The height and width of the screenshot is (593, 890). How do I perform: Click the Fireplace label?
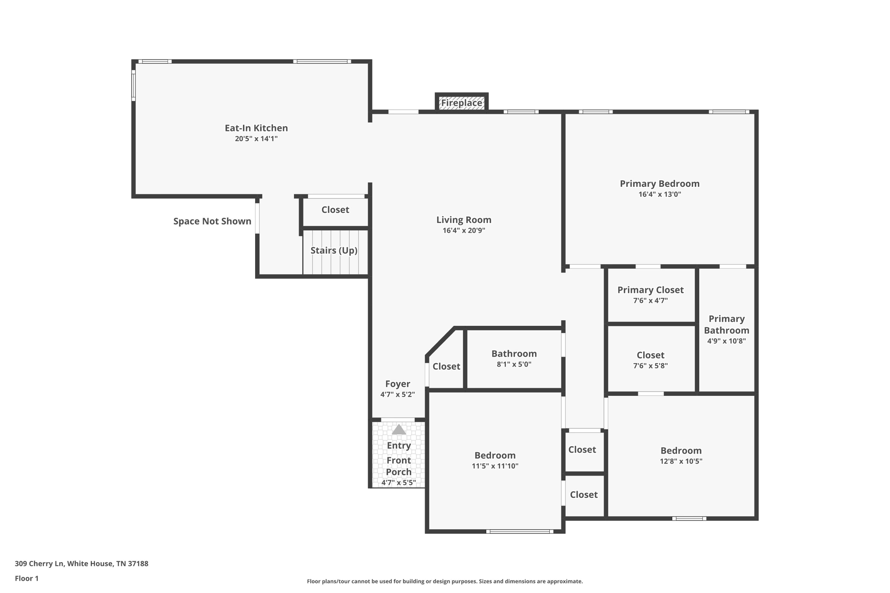pyautogui.click(x=462, y=103)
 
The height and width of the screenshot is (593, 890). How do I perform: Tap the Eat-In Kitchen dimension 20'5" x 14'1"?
pyautogui.click(x=256, y=139)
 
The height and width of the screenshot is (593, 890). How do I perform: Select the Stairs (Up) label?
pyautogui.click(x=334, y=251)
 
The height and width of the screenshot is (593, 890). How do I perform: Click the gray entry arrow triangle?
pyautogui.click(x=399, y=430)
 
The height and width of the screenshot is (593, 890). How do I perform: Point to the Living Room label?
pyautogui.click(x=464, y=220)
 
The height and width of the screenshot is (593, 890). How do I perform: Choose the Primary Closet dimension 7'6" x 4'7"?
pyautogui.click(x=650, y=301)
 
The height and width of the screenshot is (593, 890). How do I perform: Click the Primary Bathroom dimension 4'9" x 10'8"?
pyautogui.click(x=726, y=341)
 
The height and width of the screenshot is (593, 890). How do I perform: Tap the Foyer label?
pyautogui.click(x=397, y=384)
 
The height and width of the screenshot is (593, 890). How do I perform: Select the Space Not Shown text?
pyautogui.click(x=212, y=222)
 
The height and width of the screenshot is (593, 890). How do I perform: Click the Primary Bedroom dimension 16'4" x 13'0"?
pyautogui.click(x=659, y=194)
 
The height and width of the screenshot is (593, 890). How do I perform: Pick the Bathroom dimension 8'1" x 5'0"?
pyautogui.click(x=514, y=364)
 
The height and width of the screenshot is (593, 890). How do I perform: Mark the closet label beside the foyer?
pyautogui.click(x=446, y=367)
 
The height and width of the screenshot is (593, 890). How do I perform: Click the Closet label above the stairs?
pyautogui.click(x=335, y=210)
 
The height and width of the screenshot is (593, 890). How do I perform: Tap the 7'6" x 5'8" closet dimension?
pyautogui.click(x=650, y=366)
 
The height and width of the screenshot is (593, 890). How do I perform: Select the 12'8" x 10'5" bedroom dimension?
pyautogui.click(x=681, y=461)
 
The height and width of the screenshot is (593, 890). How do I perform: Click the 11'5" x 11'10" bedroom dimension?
pyautogui.click(x=495, y=466)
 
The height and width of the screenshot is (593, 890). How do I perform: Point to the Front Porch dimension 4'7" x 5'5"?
pyautogui.click(x=399, y=483)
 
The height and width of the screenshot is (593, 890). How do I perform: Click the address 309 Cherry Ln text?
pyautogui.click(x=81, y=564)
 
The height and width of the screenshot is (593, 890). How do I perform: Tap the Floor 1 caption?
pyautogui.click(x=27, y=579)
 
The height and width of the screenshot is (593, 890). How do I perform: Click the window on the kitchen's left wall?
pyautogui.click(x=133, y=85)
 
